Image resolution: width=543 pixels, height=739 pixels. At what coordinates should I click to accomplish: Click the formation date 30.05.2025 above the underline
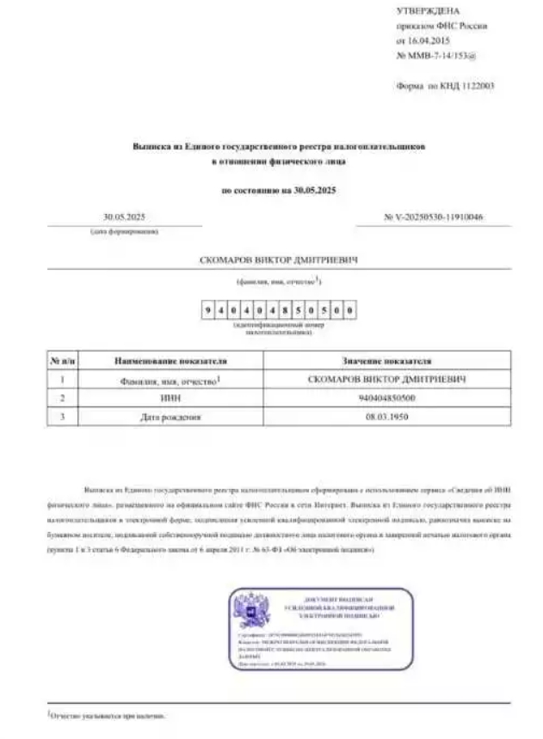[x=124, y=217]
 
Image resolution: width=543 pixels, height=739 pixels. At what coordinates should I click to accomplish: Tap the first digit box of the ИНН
[x=209, y=309]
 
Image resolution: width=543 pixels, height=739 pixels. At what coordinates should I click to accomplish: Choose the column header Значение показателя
[x=386, y=361]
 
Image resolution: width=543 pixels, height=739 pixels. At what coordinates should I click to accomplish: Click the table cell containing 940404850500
[x=386, y=398]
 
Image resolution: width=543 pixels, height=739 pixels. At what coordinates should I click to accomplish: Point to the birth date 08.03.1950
[x=386, y=417]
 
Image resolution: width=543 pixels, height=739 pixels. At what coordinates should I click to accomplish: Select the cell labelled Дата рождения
[x=170, y=417]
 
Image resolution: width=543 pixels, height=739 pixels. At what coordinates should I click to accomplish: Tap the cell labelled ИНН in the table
[x=170, y=398]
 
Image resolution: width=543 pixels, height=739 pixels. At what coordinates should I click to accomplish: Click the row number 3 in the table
[x=61, y=417]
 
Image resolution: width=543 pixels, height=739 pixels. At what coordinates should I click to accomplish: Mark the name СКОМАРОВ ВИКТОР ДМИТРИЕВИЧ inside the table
[x=386, y=379]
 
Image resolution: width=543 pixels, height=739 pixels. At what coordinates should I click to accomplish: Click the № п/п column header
[x=61, y=361]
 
